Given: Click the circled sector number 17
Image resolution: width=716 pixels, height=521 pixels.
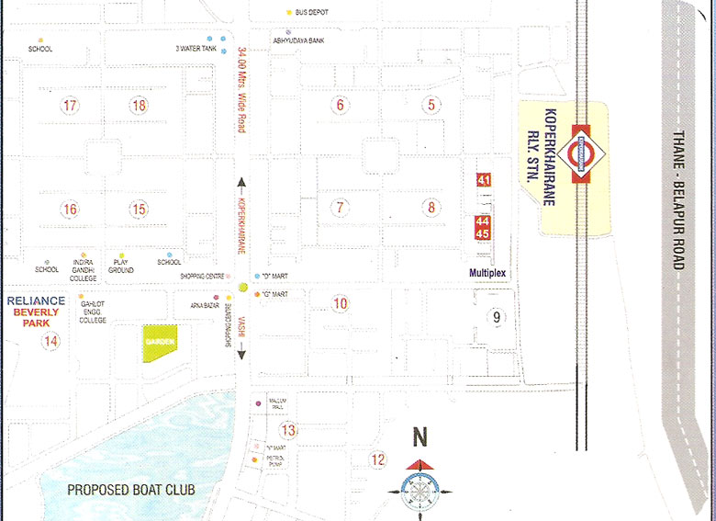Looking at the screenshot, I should tap(70, 105).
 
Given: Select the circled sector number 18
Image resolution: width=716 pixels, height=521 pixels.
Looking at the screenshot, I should tap(139, 105).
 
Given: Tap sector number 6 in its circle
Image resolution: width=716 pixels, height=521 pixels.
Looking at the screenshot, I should tap(340, 105).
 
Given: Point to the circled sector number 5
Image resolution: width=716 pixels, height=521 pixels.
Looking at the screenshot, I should tap(431, 105).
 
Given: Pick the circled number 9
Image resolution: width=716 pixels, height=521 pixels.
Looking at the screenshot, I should tap(496, 318).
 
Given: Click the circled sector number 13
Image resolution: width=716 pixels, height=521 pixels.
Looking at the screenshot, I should tap(288, 430).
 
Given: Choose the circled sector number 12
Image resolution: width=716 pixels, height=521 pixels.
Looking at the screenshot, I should tap(377, 459).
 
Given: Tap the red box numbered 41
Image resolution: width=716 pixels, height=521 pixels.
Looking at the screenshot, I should tap(484, 180).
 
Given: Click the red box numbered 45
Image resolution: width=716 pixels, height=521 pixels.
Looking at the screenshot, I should tap(483, 233).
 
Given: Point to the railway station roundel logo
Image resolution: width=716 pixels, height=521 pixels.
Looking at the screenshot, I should tap(581, 149).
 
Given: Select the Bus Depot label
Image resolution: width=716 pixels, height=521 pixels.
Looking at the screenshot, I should tap(311, 12).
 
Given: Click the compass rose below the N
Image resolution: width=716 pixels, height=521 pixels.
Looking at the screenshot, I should tap(419, 488).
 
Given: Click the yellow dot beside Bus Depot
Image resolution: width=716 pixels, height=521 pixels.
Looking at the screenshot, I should tap(289, 12).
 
